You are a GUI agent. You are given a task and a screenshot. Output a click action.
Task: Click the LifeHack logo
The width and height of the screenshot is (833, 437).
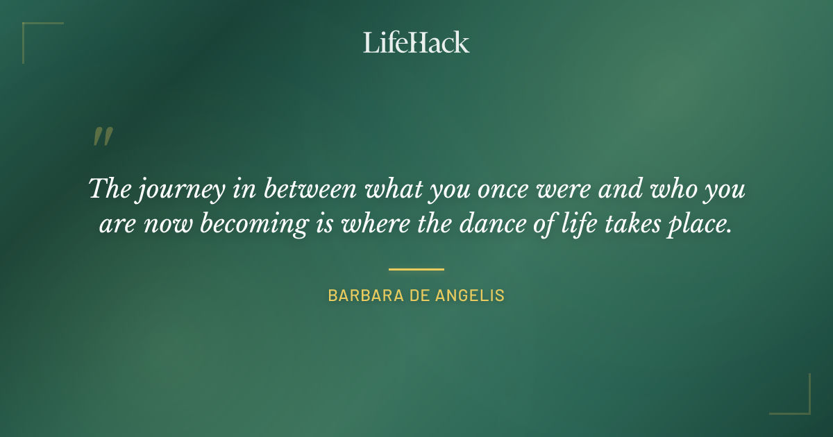pyautogui.click(x=416, y=42)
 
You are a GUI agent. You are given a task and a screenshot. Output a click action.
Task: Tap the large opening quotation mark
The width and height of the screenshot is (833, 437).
pyautogui.click(x=103, y=137)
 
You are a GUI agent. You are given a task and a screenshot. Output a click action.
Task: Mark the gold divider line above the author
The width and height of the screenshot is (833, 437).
pyautogui.click(x=416, y=269)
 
